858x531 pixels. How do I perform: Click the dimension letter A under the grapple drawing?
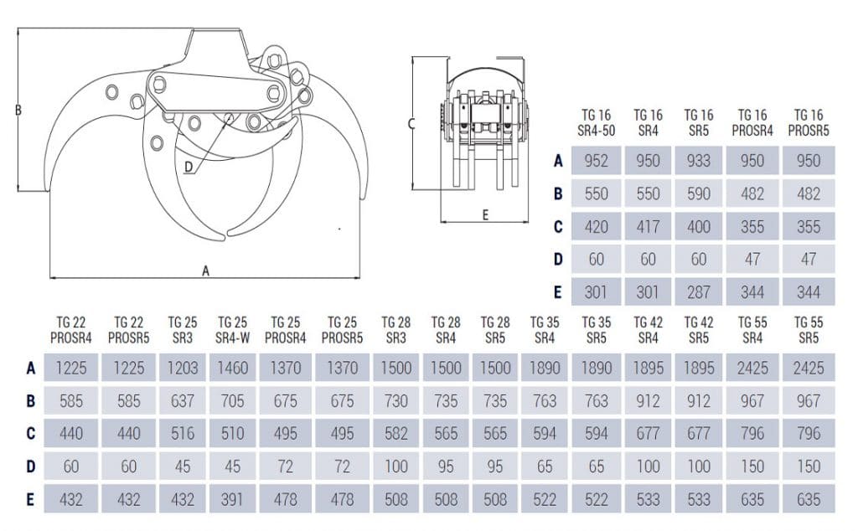point(205,271)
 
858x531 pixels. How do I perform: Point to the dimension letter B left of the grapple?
point(18,110)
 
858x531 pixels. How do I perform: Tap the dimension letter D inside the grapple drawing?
point(189,167)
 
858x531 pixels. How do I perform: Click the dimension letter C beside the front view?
point(411,123)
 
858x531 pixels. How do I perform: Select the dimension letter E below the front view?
point(485,214)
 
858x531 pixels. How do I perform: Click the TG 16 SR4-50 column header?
point(596,122)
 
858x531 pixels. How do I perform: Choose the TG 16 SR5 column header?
point(699,122)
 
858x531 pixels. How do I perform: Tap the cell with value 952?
point(596,161)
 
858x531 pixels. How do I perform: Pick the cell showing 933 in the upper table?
point(699,161)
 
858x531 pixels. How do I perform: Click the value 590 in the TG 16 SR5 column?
point(699,193)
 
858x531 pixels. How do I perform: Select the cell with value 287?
point(699,291)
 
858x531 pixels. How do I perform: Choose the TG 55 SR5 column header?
point(809,329)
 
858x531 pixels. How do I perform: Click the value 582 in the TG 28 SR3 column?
point(395,433)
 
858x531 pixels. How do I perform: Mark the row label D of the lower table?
point(30,467)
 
